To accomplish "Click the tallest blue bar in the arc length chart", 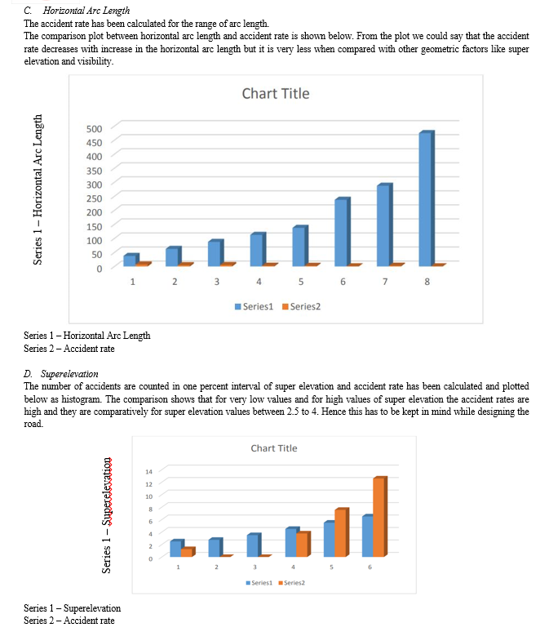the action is click(427, 198).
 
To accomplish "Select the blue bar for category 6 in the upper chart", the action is click(343, 232).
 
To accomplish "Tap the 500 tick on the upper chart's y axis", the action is click(95, 129).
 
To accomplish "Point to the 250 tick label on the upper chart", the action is click(95, 198).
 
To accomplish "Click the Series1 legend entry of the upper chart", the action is click(255, 307).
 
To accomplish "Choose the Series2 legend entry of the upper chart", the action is click(302, 307).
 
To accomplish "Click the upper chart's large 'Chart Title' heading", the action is click(276, 94).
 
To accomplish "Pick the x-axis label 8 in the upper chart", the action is click(427, 282).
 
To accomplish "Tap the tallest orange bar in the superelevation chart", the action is click(380, 517).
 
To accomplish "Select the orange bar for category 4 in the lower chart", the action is click(303, 544).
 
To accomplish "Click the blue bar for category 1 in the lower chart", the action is click(177, 548).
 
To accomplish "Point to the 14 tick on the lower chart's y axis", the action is click(149, 472).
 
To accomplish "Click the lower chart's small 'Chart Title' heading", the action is click(274, 448).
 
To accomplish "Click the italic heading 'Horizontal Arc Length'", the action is click(86, 11).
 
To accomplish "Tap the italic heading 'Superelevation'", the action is click(69, 374).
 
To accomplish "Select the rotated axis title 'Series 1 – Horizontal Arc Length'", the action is click(38, 189).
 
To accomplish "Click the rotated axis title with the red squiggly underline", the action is click(106, 515).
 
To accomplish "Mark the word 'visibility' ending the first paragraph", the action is click(95, 61).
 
